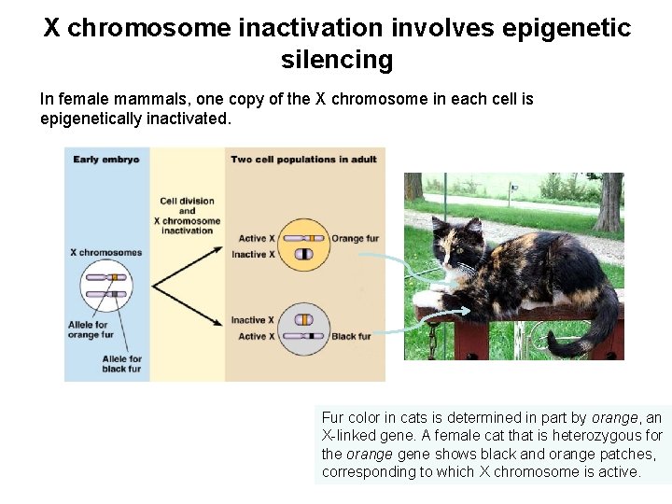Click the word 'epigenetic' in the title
567,28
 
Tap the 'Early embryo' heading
106,160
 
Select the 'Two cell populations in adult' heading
304,160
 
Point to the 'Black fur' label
351,336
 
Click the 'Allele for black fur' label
122,364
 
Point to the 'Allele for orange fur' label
91,329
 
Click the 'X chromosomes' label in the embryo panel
106,252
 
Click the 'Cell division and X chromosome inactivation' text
188,216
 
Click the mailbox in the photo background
512,188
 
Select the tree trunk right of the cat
611,201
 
